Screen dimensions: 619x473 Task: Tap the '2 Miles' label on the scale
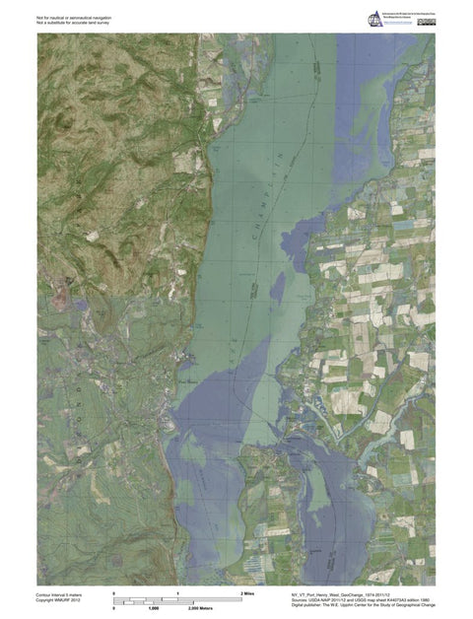(248, 593)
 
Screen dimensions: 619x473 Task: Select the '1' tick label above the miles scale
(178, 591)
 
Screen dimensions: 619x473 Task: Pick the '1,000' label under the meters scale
(154, 610)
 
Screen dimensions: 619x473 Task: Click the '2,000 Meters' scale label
(202, 610)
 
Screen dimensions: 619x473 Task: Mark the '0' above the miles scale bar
(115, 591)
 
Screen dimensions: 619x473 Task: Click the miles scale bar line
(177, 598)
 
